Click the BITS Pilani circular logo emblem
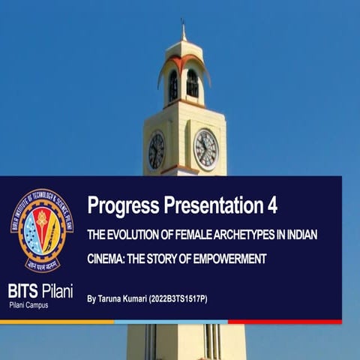41,230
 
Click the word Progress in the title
121,205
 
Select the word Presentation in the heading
211,205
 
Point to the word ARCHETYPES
240,235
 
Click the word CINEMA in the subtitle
106,259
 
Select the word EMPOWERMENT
229,259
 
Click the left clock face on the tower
156,150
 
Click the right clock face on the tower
205,149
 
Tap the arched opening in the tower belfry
192,83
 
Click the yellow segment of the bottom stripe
56,322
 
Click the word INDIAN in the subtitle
301,235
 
